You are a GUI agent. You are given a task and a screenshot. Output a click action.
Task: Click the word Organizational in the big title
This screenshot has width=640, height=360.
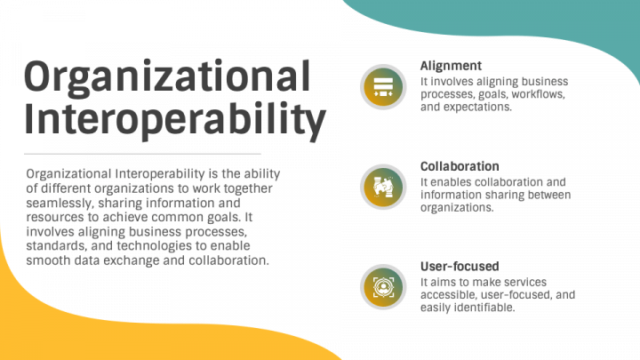(166, 77)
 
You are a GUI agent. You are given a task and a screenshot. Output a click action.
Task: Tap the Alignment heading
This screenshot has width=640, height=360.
(451, 66)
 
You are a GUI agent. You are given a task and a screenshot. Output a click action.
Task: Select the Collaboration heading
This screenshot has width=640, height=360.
(459, 166)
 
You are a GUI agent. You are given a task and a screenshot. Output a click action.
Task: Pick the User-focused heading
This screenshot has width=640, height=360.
(459, 266)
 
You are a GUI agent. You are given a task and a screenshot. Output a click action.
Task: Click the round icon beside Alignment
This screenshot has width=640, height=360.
(383, 87)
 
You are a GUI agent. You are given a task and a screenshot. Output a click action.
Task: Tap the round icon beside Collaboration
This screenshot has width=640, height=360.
(383, 187)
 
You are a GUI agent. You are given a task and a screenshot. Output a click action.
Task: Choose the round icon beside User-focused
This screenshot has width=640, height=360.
(383, 286)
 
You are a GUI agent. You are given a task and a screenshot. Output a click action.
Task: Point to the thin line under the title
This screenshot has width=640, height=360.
(142, 153)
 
